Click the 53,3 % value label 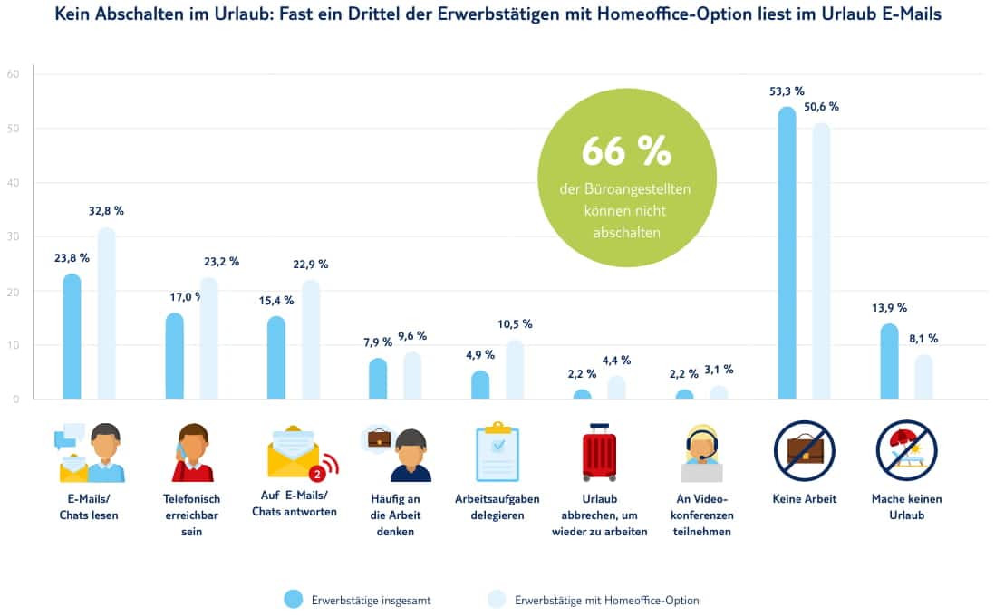[785, 91]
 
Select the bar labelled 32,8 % [106, 313]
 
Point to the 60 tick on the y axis [13, 74]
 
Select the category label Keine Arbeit [804, 499]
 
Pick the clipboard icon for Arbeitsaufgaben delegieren [497, 453]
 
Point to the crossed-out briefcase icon [804, 450]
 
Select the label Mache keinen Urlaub [905, 506]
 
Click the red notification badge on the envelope [317, 474]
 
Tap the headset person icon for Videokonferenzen [701, 453]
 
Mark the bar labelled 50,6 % [820, 262]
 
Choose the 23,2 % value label [220, 261]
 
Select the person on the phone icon [191, 453]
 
